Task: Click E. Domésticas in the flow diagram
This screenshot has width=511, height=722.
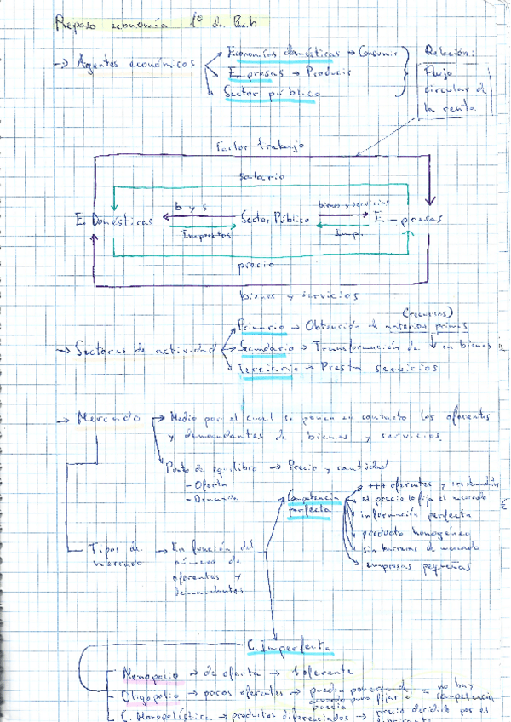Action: (115, 221)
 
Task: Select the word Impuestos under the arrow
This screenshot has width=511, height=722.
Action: (207, 234)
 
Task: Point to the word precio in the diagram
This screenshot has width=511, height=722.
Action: (255, 265)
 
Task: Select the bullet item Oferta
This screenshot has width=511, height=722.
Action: (200, 485)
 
